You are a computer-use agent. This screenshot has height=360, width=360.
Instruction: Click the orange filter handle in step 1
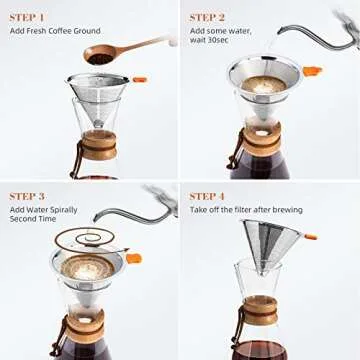coord(139,79)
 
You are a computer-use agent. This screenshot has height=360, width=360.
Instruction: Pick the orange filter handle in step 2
coord(313,71)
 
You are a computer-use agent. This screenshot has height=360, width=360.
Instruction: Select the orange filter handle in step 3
coord(133,259)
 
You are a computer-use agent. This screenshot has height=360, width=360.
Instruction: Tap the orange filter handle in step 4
coord(310,237)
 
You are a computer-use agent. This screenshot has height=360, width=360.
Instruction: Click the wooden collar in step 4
coord(260,310)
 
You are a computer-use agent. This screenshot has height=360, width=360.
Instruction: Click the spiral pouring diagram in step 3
coord(82,238)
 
